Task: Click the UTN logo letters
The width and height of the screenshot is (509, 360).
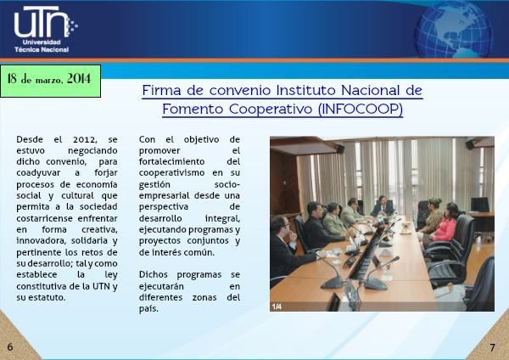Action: point(41,21)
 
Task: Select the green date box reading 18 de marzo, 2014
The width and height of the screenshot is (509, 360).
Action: point(50,81)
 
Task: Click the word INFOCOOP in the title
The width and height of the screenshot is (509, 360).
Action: point(360,109)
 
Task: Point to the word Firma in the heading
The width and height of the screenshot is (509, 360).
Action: point(161,90)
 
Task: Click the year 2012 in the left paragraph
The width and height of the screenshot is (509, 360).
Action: point(84,140)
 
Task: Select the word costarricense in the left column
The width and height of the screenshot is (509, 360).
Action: point(44,219)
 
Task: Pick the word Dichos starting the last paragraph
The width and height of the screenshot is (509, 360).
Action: point(154,275)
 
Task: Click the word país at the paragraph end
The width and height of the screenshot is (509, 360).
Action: point(148,309)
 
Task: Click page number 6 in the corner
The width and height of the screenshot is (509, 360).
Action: point(10,347)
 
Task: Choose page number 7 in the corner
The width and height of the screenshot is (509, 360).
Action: point(492,347)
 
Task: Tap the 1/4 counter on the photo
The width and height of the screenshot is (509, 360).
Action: point(277,307)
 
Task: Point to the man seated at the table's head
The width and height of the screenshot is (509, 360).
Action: point(383,205)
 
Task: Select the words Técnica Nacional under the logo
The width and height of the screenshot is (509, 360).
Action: point(42,50)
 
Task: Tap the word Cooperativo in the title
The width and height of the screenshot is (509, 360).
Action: point(271,109)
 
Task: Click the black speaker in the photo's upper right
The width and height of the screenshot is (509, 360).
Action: point(470,144)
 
